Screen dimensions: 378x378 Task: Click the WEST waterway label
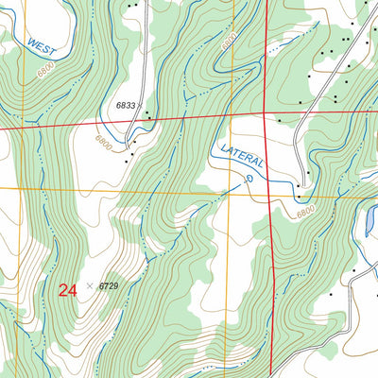coord(43,48)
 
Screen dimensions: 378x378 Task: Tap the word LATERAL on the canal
coord(241,157)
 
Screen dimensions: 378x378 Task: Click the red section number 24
coord(67,290)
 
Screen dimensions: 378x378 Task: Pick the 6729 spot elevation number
coord(110,285)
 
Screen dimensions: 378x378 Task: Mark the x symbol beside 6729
coord(90,285)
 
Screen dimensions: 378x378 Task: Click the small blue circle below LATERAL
coord(249,177)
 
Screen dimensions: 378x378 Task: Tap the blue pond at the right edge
coord(369,222)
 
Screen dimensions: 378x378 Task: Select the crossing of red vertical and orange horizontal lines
coord(270,194)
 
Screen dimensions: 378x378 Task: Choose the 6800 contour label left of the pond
coord(305,214)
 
